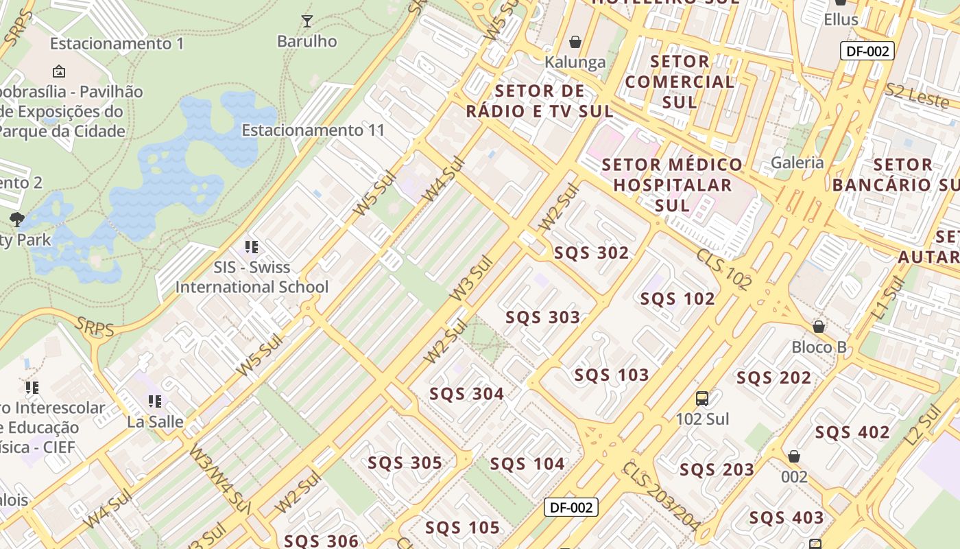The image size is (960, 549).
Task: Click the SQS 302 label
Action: point(591,253)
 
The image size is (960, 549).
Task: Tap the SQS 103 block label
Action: point(611,375)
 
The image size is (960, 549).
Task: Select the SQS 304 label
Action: point(466,394)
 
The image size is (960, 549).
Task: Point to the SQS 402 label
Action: point(852,432)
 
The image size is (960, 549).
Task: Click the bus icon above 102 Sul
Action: point(701,399)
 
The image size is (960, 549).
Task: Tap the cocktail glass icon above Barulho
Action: point(307,21)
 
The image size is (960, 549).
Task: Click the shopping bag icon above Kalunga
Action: point(575,43)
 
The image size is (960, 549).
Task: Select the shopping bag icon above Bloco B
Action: point(818,327)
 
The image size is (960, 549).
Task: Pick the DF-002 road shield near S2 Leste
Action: point(867,51)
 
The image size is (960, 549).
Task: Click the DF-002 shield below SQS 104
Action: point(571,507)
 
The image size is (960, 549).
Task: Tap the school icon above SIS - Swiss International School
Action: point(251,247)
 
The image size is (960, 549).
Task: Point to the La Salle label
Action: point(155,421)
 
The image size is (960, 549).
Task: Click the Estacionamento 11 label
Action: point(313,130)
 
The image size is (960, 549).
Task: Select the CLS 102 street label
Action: point(724,268)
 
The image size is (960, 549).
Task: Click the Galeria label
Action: point(797,163)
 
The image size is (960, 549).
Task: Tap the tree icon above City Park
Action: point(17,220)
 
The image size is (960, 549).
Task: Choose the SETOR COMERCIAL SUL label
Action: point(679,82)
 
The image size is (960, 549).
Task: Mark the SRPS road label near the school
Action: point(95,327)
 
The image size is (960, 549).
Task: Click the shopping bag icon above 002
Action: point(793,456)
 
